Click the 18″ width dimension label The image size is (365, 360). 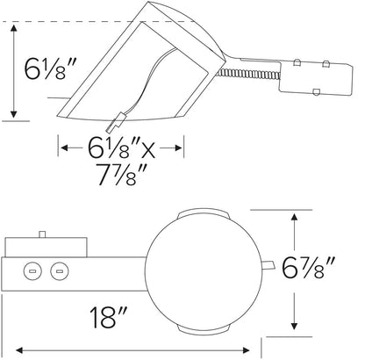108,317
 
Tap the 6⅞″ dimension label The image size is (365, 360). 308,268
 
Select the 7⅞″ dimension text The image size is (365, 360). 120,175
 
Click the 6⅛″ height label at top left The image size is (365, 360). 50,68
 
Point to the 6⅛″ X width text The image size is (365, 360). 121,148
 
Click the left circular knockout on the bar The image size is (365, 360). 32,271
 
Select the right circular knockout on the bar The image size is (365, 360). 60,271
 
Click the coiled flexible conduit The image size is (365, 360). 249,74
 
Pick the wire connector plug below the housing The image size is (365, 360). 117,123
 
